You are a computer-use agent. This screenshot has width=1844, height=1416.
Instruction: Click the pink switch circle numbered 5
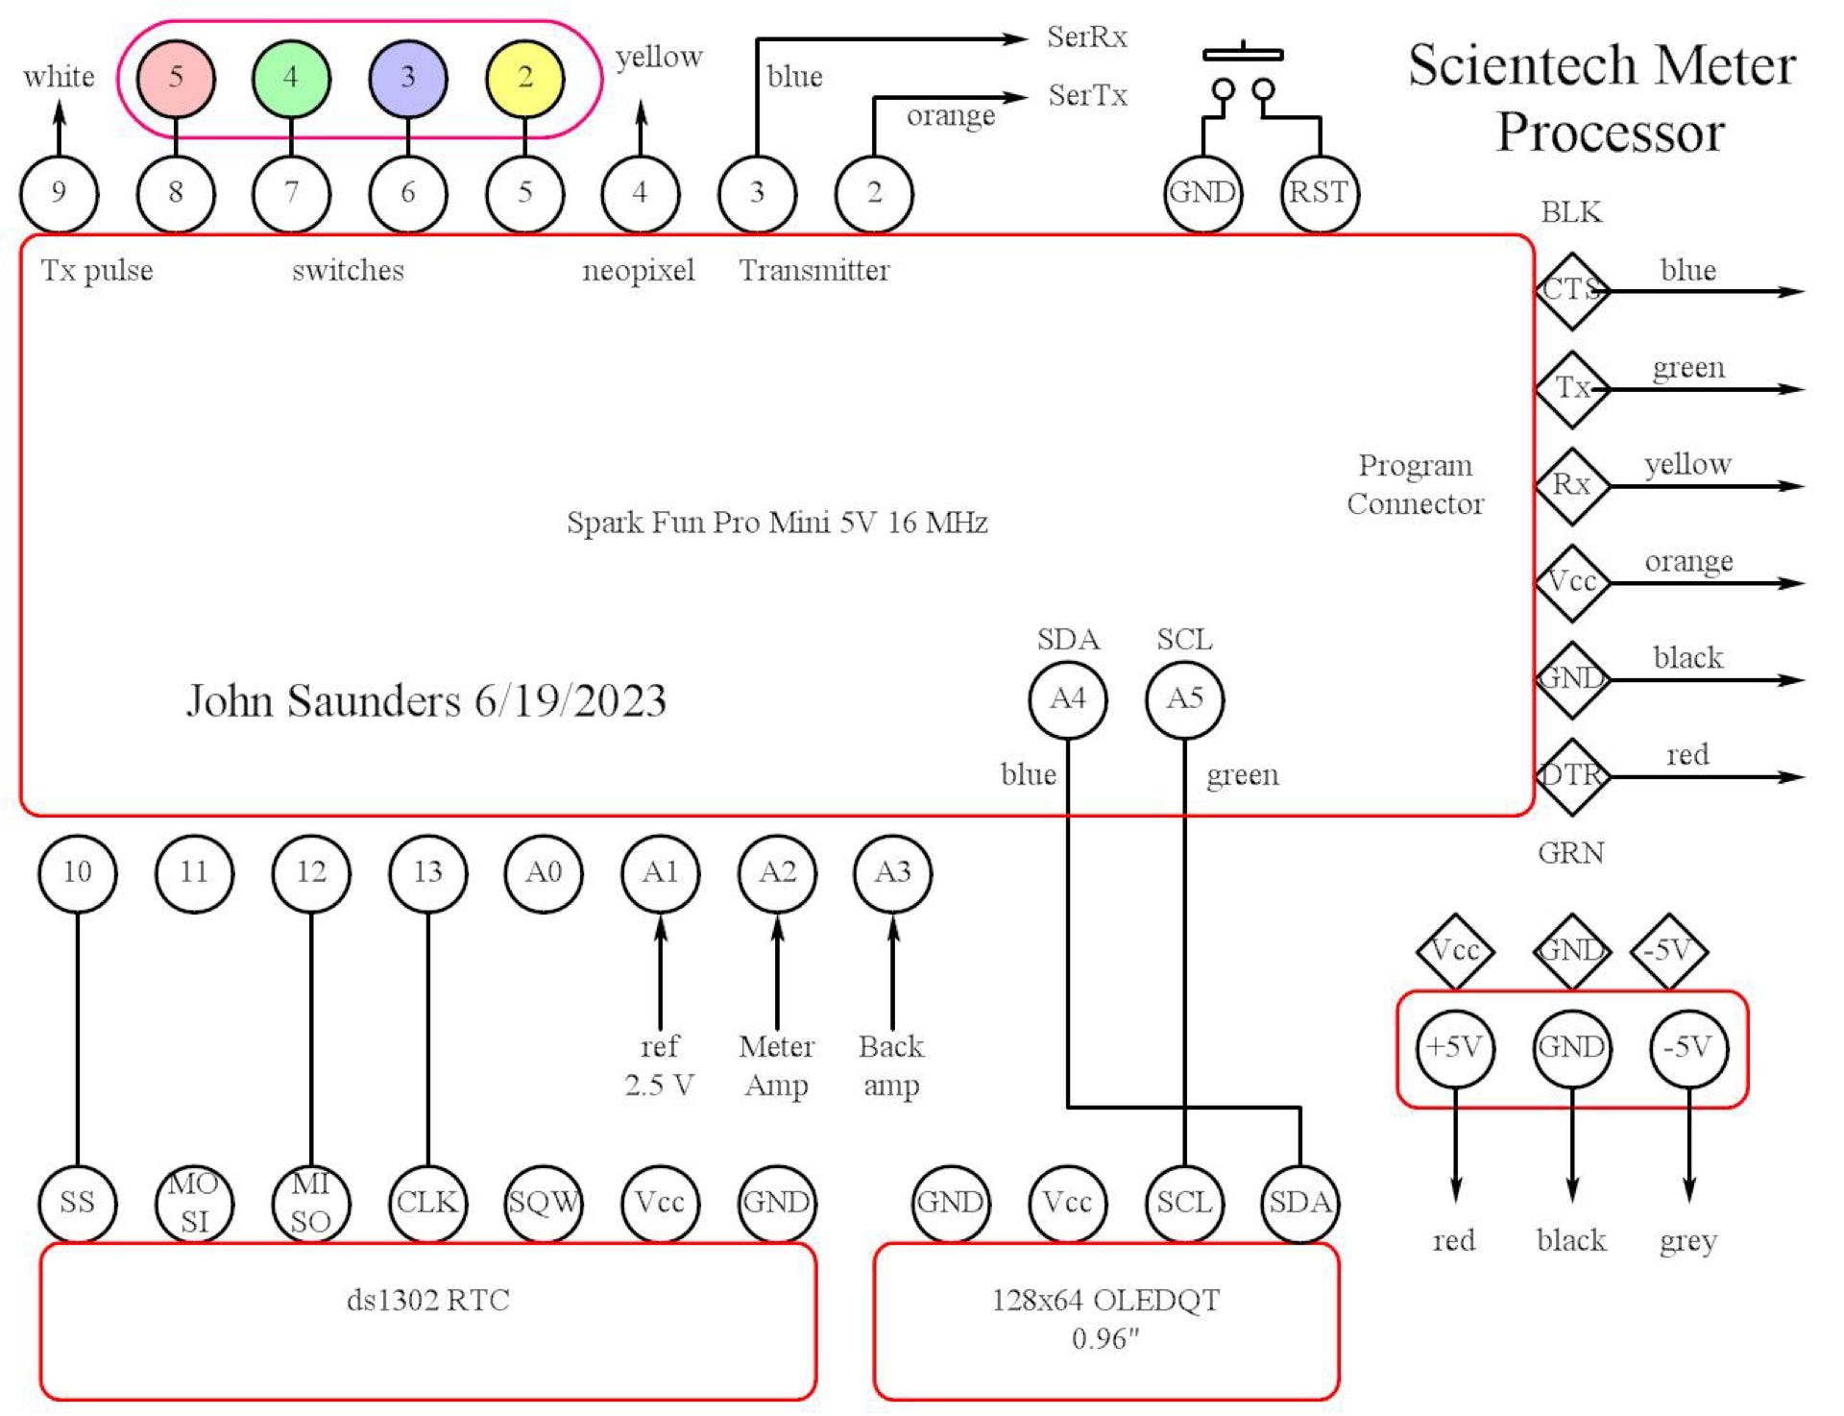tap(176, 78)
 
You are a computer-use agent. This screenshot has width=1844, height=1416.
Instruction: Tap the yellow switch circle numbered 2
tap(524, 78)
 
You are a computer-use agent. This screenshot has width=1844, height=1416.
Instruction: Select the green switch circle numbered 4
tap(291, 78)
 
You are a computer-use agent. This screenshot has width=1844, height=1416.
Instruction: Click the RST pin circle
tap(1319, 193)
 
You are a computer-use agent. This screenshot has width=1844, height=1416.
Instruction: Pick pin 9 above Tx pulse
tap(59, 193)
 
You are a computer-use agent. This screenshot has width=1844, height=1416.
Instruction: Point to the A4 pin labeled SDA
tap(1067, 699)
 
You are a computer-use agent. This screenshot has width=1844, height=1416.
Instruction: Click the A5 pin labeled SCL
tap(1184, 699)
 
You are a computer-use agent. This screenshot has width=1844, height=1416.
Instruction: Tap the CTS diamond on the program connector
tap(1571, 290)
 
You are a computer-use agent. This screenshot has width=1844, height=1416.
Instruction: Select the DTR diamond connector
tap(1571, 775)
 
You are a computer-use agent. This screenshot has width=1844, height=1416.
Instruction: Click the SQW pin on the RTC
tap(544, 1203)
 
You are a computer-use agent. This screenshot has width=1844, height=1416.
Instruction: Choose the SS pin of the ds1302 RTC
tap(77, 1203)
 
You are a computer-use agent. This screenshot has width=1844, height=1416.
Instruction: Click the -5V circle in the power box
tap(1688, 1047)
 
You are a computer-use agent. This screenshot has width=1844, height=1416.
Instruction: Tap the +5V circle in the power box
tap(1455, 1047)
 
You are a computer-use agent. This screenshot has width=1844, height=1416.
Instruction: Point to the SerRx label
tap(1086, 37)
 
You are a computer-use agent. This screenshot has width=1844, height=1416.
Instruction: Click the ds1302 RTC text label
tap(427, 1301)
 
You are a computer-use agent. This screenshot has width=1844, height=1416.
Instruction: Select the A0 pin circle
tap(544, 872)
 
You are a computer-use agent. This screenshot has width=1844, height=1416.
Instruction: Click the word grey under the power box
tap(1688, 1241)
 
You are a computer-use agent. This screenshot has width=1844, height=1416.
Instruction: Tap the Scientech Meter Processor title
tap(1602, 98)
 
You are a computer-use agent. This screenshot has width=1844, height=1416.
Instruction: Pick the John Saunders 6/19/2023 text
tap(426, 701)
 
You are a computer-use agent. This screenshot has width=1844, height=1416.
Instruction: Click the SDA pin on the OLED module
tap(1300, 1203)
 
